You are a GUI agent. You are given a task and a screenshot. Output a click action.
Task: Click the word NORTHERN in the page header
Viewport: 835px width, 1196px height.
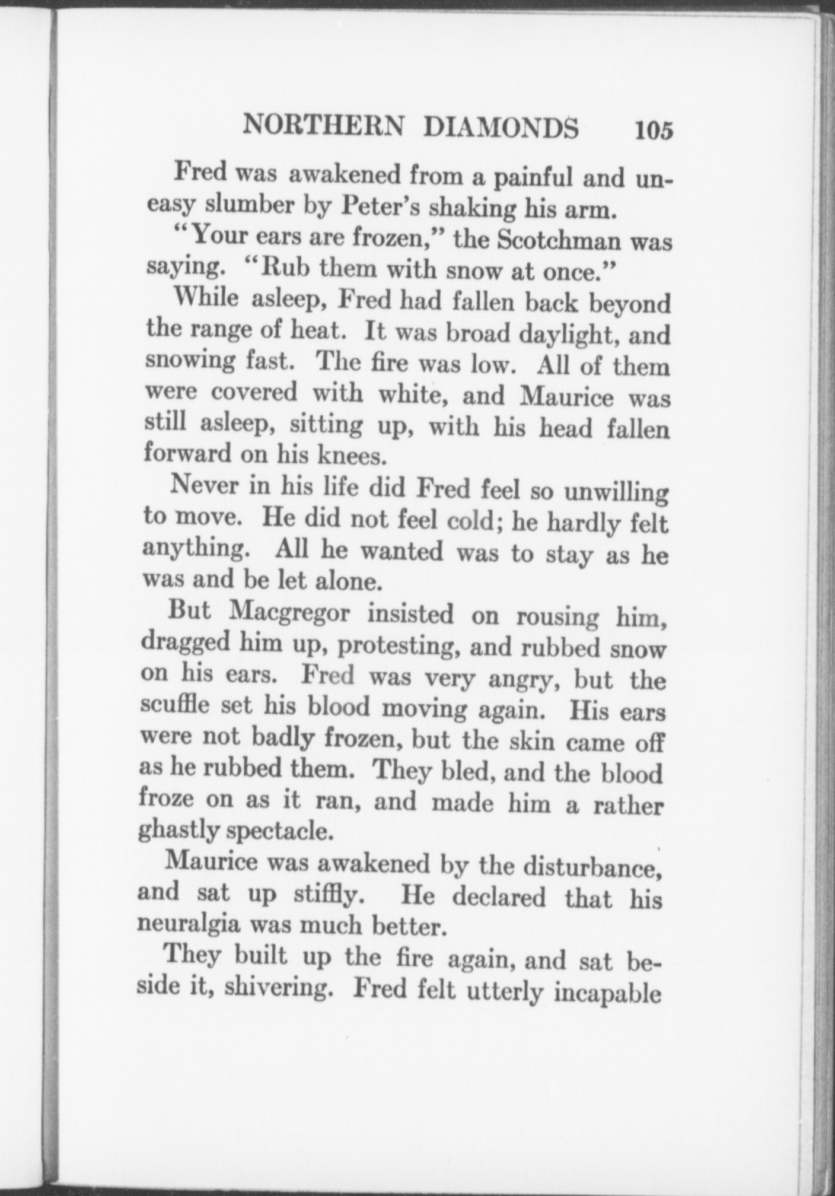tap(324, 126)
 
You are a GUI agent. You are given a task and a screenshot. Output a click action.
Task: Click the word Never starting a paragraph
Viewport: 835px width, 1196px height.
tap(205, 486)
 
